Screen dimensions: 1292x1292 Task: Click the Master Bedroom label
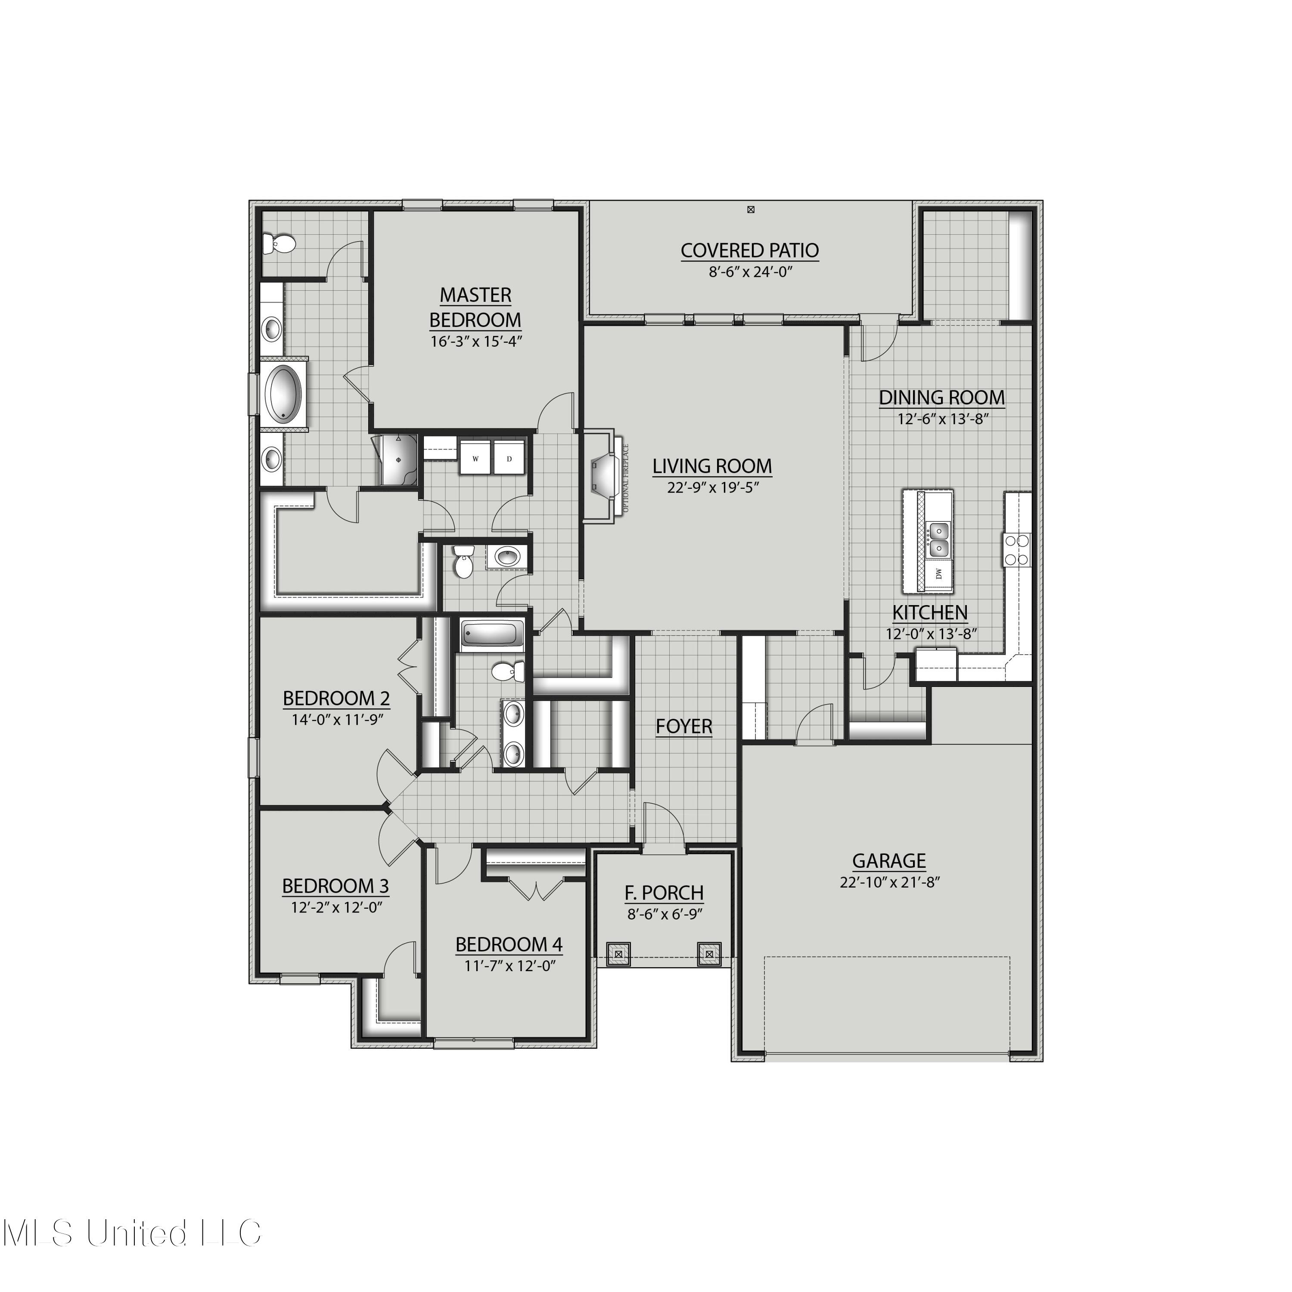[475, 307]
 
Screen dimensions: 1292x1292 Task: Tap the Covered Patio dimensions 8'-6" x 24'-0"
[750, 272]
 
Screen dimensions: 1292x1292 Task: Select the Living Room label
[712, 466]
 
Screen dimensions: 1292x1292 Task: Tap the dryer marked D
[509, 458]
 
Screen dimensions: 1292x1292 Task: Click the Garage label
[889, 860]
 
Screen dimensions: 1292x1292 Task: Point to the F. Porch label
[664, 893]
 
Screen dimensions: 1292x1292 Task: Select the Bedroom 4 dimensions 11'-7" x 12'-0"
[509, 966]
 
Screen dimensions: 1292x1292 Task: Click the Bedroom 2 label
[336, 698]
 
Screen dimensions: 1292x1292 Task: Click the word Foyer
[683, 726]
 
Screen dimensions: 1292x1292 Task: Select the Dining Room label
[941, 397]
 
